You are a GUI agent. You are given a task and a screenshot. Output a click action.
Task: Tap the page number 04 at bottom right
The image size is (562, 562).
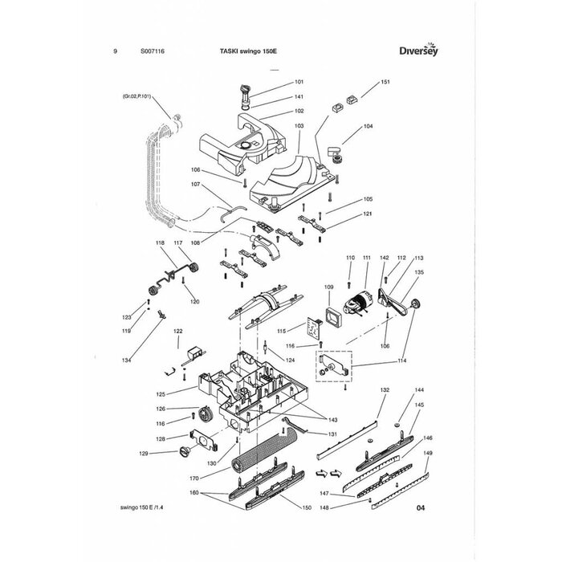[x=421, y=508]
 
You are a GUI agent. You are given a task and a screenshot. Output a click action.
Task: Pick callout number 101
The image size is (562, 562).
[x=299, y=83]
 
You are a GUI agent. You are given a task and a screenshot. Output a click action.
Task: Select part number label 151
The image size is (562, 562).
[x=385, y=83]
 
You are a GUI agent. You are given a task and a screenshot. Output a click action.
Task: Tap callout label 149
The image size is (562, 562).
[x=428, y=454]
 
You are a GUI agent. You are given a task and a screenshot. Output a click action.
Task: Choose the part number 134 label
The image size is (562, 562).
[x=126, y=360]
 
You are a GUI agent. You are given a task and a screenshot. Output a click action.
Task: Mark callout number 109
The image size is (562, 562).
[x=328, y=287]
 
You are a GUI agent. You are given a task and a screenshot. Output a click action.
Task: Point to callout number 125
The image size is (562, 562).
[x=161, y=394]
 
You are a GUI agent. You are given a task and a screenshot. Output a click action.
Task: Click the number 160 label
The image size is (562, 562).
[x=193, y=492]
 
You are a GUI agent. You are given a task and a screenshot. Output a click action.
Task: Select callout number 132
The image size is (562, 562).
[x=385, y=389]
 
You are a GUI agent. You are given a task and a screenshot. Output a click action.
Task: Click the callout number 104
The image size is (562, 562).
[x=369, y=127]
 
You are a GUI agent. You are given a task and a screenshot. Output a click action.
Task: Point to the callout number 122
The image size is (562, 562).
[x=178, y=331]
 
